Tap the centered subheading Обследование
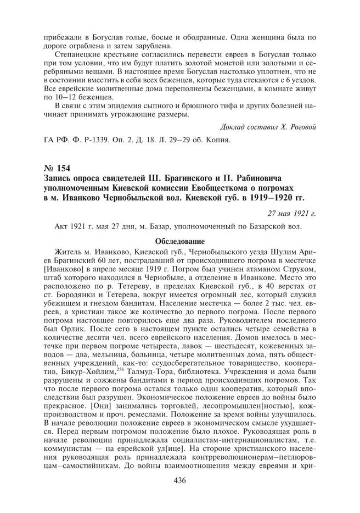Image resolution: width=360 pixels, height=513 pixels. (179, 241)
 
